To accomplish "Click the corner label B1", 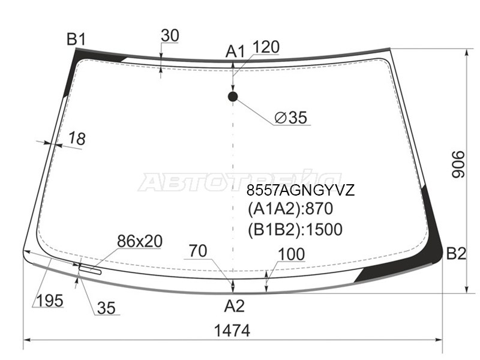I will tap(76, 40).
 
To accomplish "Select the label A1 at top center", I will tap(235, 52).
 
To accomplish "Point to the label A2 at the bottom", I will tap(235, 307).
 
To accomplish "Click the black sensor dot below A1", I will tap(233, 96).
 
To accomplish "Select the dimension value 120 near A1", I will tap(266, 47).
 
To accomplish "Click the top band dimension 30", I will tap(170, 36).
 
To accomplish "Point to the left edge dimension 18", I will tap(76, 139).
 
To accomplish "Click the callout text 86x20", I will tap(139, 241).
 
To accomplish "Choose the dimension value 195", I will tap(49, 301).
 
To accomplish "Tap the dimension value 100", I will tap(292, 254).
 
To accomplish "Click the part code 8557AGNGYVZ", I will tap(301, 191).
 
